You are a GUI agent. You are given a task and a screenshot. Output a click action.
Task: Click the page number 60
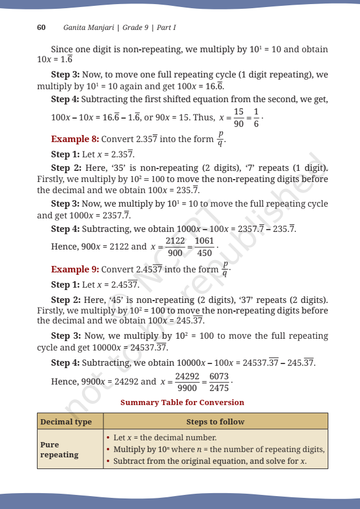(41, 28)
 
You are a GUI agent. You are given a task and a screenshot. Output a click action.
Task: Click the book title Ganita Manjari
(89, 28)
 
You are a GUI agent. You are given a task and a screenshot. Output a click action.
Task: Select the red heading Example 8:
(75, 139)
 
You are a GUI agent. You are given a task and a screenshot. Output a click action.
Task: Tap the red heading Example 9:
(75, 269)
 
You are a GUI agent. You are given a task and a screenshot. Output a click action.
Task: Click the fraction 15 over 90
(238, 117)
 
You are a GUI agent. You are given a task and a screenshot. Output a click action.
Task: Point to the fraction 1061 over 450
(205, 247)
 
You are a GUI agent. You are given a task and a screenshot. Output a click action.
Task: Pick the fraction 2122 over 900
(175, 247)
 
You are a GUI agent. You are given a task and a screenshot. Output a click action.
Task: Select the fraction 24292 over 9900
(187, 382)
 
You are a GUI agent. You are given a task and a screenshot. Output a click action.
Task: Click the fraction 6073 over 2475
(218, 382)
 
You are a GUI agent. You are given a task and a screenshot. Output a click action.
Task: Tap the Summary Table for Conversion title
(182, 403)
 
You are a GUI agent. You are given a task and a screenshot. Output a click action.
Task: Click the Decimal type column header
(66, 422)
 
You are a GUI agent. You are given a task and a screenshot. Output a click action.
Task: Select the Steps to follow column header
(215, 422)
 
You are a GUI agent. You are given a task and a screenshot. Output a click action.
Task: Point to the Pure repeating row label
(59, 449)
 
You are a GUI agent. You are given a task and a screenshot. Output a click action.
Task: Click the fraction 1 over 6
(256, 117)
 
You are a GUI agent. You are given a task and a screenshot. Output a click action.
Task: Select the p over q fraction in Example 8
(220, 140)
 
